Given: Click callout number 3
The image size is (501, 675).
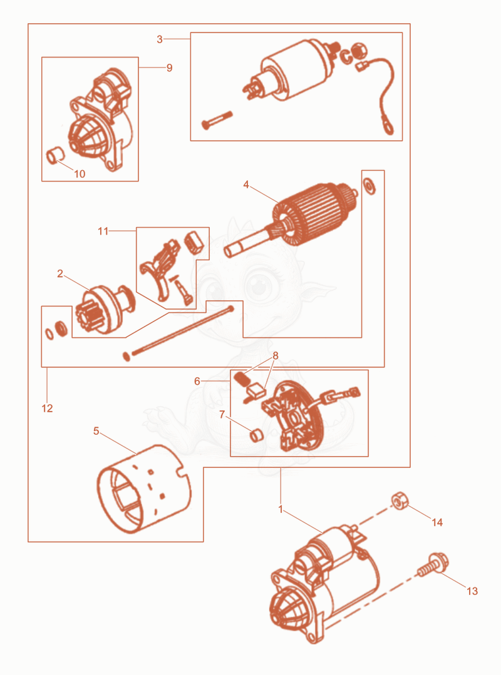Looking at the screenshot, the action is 160,39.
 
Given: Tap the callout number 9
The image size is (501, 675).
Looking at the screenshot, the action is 169,68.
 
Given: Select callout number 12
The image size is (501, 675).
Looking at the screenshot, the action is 48,408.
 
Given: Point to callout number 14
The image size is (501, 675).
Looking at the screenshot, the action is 437,522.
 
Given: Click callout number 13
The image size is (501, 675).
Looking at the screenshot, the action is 472,591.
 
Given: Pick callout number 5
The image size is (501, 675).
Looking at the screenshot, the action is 96,431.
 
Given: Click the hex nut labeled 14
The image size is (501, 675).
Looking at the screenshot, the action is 400,500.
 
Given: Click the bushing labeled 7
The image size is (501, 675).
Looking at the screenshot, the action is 257,435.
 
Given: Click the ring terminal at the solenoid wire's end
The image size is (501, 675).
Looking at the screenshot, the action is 388,128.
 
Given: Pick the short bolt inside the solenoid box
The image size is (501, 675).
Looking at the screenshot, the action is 217,120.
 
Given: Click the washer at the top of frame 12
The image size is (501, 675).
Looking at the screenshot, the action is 369,186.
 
